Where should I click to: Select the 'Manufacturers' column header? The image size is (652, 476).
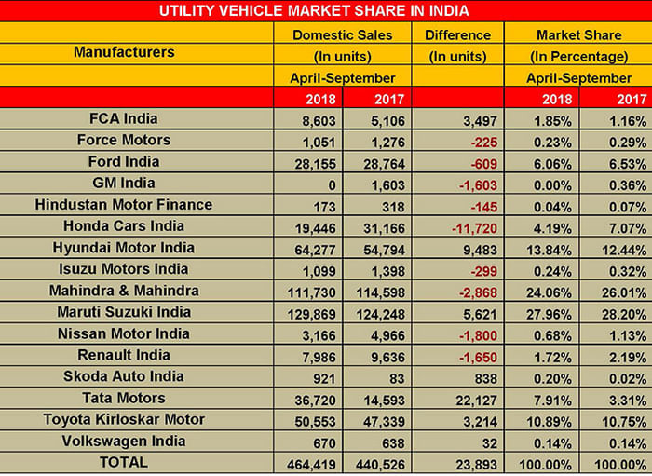[x=124, y=52]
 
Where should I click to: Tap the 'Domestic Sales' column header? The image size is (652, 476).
[x=343, y=34]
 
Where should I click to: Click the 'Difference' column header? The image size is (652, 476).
[x=456, y=34]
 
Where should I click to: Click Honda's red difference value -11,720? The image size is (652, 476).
[x=462, y=226]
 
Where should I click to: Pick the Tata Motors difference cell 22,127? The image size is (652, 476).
[x=463, y=399]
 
